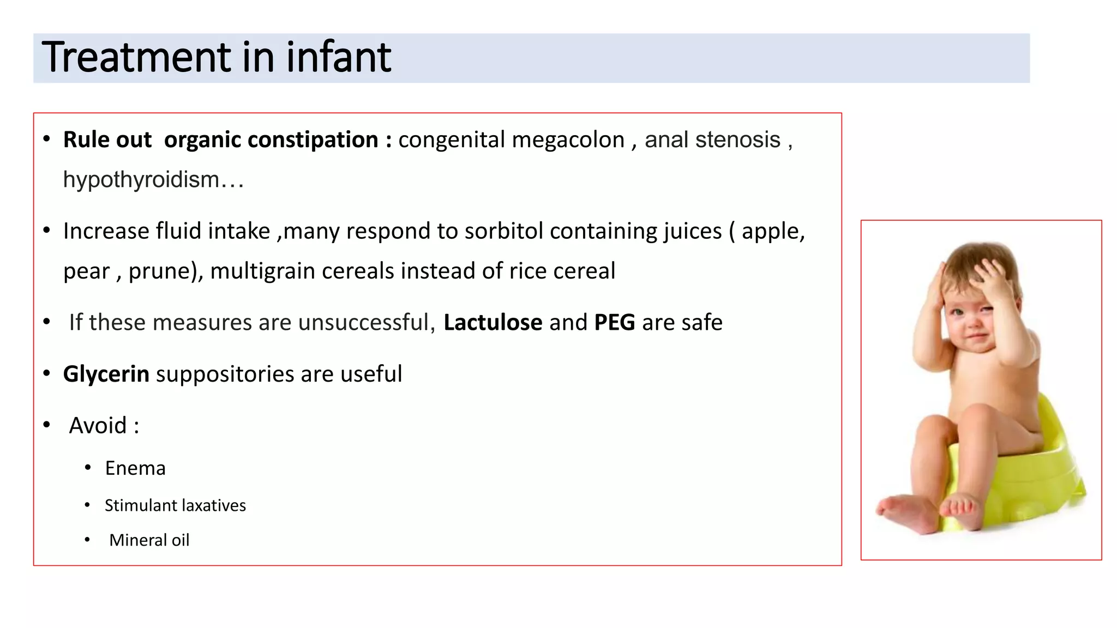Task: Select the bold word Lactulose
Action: (x=493, y=323)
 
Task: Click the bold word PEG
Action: (x=614, y=323)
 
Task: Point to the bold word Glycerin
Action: (x=106, y=375)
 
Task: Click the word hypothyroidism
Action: (x=141, y=180)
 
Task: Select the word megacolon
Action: (x=568, y=140)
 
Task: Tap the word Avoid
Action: (x=98, y=426)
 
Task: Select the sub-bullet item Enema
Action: (x=135, y=468)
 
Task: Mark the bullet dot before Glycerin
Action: (x=47, y=374)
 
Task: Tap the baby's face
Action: (x=974, y=322)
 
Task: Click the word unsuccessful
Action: (x=366, y=323)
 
